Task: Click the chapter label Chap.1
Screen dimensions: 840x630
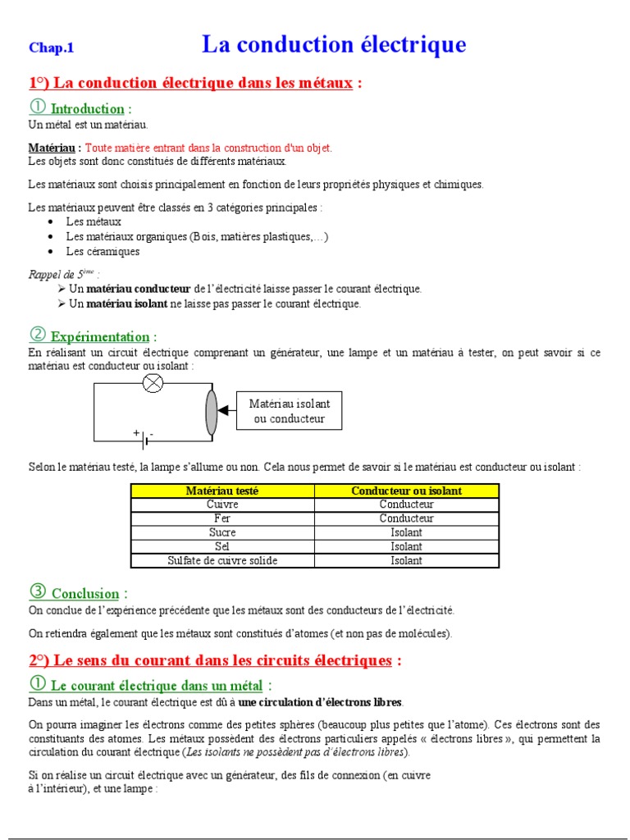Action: coord(51,48)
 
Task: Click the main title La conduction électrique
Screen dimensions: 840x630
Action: coord(334,44)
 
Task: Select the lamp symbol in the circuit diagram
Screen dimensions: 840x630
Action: coord(153,383)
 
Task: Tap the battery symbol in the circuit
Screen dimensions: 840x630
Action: coord(145,439)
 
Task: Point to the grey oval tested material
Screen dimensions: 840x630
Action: coord(211,412)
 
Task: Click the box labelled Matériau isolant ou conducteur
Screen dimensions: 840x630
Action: coord(290,411)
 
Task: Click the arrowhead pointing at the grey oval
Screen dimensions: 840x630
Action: coord(223,411)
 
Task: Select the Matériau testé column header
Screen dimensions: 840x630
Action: coord(222,491)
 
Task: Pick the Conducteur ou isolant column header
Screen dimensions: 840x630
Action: coord(406,491)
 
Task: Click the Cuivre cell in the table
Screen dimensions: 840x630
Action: coord(222,504)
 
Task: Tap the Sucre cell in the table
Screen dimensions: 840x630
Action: coord(222,532)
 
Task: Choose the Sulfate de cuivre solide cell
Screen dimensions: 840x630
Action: coord(222,560)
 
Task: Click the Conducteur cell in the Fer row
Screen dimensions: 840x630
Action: coord(406,518)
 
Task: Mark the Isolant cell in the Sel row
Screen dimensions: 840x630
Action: coord(406,546)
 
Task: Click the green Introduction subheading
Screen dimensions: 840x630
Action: coord(87,109)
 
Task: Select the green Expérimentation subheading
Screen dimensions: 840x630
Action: coord(100,336)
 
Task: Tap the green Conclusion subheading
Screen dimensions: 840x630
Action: coord(85,593)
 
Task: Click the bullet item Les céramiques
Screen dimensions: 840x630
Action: coord(103,252)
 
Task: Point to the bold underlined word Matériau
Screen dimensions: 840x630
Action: coord(52,148)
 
